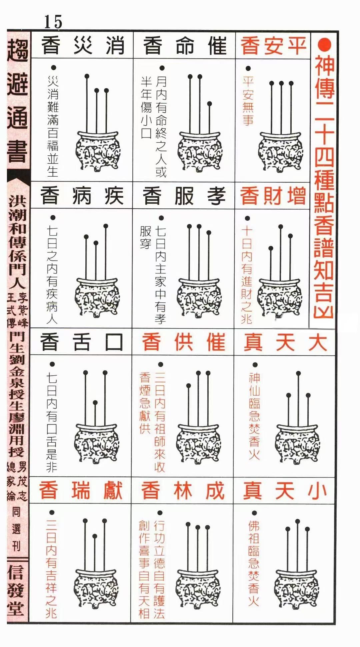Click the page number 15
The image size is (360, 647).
[53, 22]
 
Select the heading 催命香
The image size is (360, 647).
[184, 46]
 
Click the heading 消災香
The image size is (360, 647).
[83, 46]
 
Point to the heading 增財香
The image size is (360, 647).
[273, 196]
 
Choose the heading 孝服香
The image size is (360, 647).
[184, 196]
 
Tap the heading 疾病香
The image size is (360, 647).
[82, 196]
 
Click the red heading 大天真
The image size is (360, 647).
[285, 342]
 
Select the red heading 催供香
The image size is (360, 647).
[183, 342]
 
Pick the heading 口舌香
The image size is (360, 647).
[82, 342]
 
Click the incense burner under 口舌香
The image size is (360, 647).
[96, 443]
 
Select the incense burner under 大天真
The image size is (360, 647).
[297, 443]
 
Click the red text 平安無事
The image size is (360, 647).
[248, 100]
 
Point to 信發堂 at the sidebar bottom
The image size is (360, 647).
[17, 590]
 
